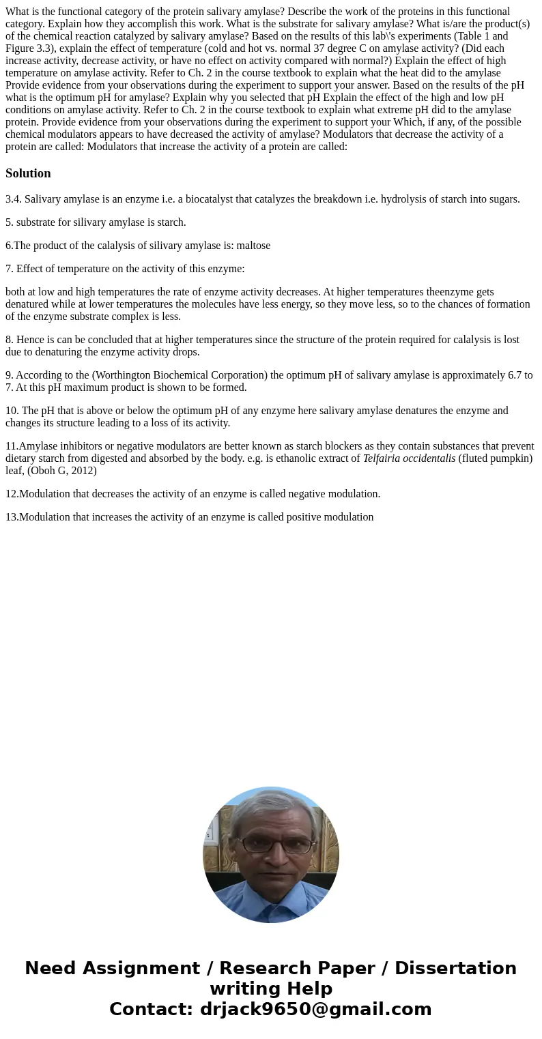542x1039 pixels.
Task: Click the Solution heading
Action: coord(28,173)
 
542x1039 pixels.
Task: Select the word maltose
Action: coord(253,246)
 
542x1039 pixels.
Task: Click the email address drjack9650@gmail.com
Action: coord(315,1009)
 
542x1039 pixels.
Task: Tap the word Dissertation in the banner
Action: coord(455,968)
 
